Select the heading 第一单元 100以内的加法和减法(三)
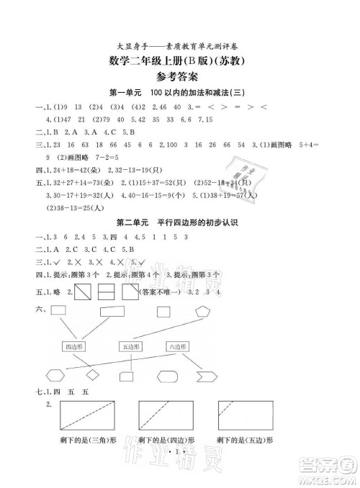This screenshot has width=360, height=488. [x=181, y=94]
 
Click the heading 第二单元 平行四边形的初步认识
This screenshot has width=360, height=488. [x=181, y=224]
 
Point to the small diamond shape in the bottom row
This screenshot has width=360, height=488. [x=91, y=375]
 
